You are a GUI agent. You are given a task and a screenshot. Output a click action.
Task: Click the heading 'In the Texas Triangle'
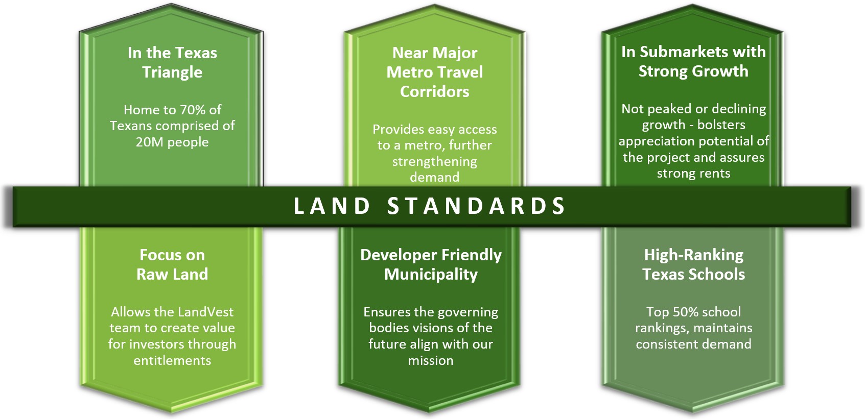coord(172,62)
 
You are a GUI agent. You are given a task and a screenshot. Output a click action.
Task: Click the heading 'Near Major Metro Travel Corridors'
coord(435,72)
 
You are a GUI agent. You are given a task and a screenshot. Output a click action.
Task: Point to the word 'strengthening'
coord(435,162)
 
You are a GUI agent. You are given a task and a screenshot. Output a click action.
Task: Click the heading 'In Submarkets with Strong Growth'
coord(693,61)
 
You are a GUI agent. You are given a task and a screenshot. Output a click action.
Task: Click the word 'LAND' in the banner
coord(332,206)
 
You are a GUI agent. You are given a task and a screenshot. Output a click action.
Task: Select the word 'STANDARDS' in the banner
coord(477,206)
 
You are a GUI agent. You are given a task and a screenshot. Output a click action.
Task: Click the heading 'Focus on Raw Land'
coord(172,265)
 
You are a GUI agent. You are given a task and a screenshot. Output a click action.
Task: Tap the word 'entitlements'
coord(172,360)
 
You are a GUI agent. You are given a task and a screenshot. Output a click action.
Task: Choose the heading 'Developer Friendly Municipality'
coord(431,265)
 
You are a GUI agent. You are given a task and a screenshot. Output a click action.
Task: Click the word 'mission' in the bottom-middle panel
coord(431,360)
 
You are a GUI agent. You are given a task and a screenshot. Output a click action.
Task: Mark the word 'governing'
coord(470,312)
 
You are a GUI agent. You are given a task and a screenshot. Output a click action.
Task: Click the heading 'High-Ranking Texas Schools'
coord(693,265)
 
